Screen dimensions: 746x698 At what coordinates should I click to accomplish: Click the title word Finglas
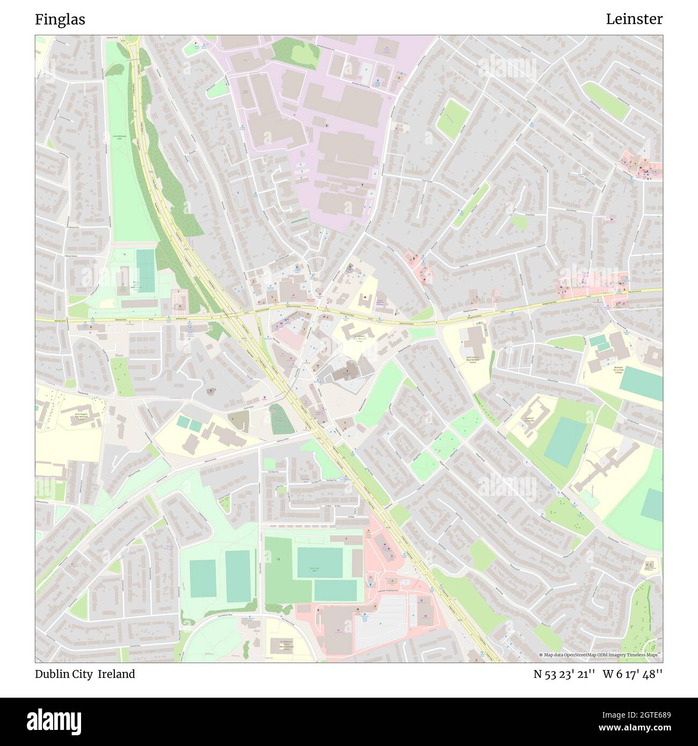click(60, 19)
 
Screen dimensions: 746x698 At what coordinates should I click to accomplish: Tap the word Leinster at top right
click(634, 19)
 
